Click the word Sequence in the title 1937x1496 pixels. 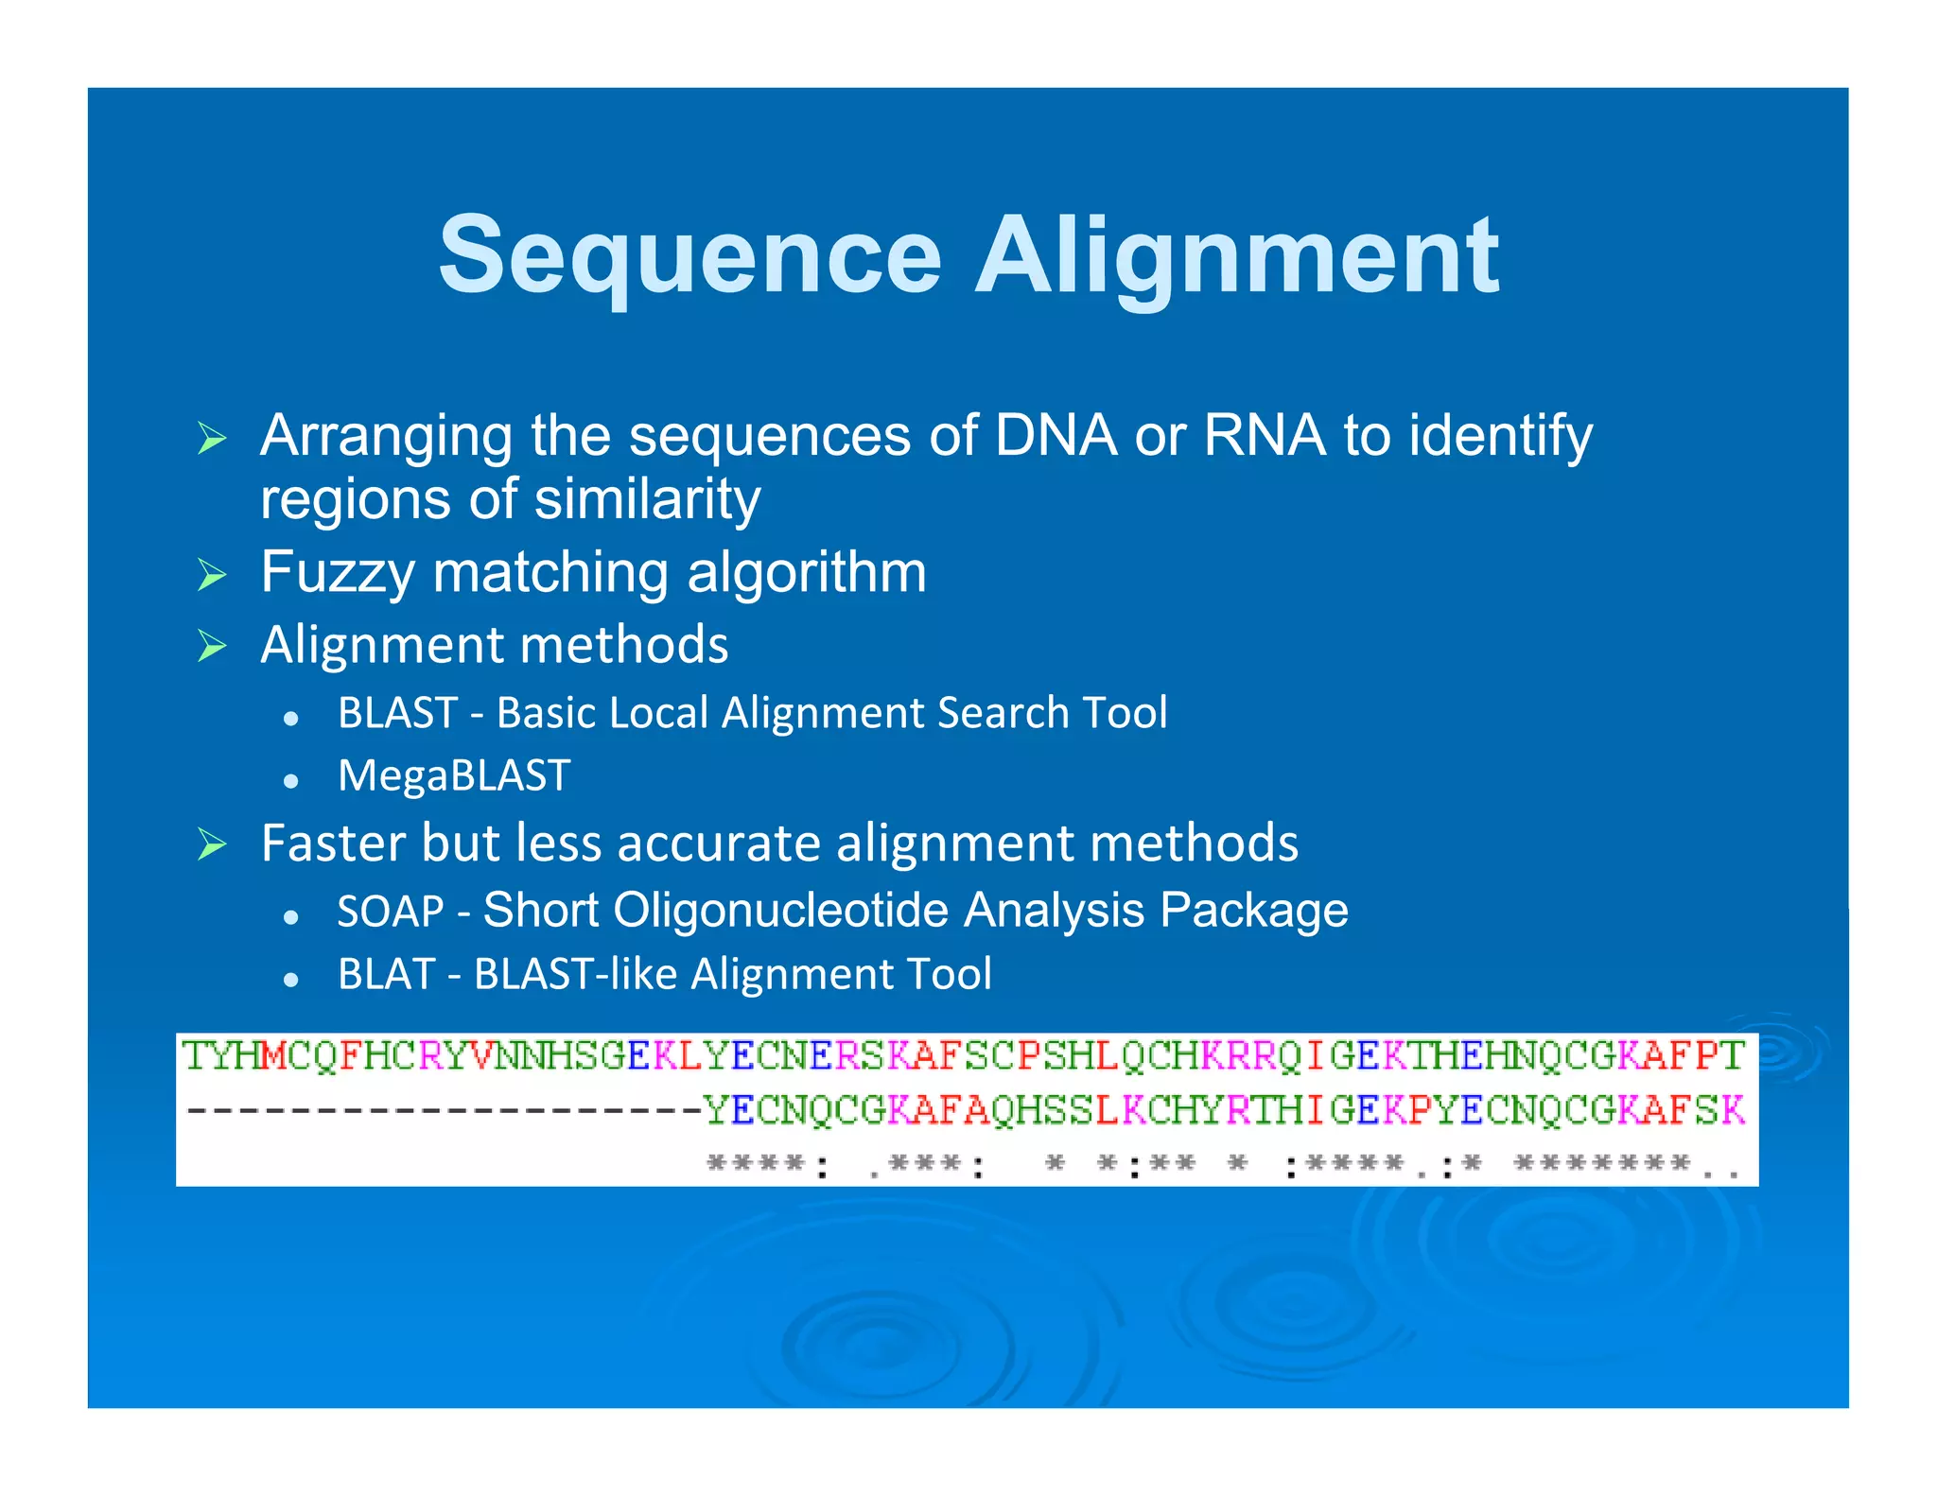point(689,255)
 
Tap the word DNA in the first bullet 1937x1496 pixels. point(1055,436)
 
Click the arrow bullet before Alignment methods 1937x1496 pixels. point(212,647)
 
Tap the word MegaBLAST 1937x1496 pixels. point(454,775)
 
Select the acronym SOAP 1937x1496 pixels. point(391,912)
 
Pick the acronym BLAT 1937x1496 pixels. point(386,974)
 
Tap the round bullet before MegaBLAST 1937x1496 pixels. point(291,781)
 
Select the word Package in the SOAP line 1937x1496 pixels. point(1253,911)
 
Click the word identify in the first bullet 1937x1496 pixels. point(1500,436)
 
